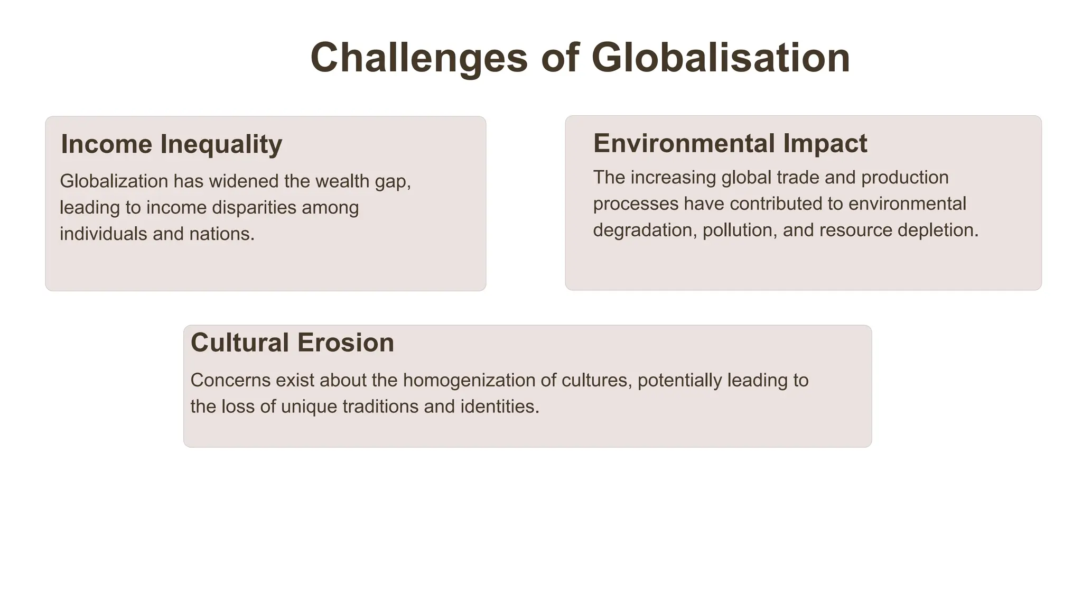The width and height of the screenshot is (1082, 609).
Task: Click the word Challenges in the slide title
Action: tap(419, 58)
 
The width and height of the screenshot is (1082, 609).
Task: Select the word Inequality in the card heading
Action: tap(221, 144)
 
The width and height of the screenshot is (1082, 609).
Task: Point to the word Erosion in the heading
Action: tap(346, 343)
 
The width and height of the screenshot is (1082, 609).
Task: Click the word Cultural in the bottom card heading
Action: tap(239, 343)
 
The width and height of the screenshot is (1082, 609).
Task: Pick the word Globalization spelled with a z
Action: tap(114, 181)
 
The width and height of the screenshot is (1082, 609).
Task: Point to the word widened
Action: tap(244, 181)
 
